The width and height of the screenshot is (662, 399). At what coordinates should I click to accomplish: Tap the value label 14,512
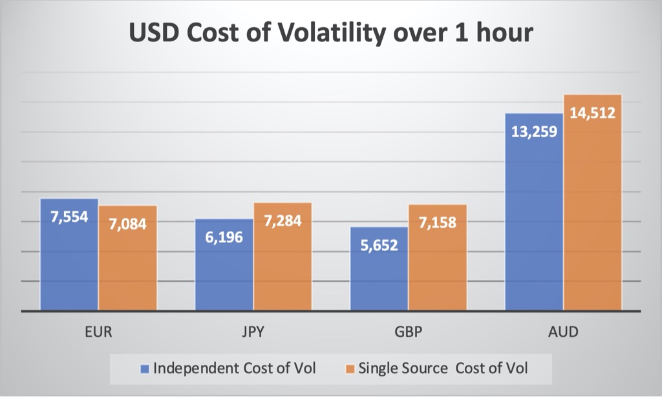click(x=592, y=113)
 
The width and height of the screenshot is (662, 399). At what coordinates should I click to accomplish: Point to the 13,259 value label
click(x=533, y=132)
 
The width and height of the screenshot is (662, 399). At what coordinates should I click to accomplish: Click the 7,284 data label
click(x=283, y=221)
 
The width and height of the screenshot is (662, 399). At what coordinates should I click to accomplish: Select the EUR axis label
click(x=98, y=332)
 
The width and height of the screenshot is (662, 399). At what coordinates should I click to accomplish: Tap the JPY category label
click(x=253, y=332)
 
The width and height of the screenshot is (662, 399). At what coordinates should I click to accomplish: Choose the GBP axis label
click(x=409, y=332)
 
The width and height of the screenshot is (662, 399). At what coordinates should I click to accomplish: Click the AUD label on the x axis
click(x=563, y=332)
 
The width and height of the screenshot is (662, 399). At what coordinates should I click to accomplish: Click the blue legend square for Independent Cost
click(x=145, y=369)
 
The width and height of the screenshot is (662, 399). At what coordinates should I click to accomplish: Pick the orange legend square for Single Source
click(x=350, y=369)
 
